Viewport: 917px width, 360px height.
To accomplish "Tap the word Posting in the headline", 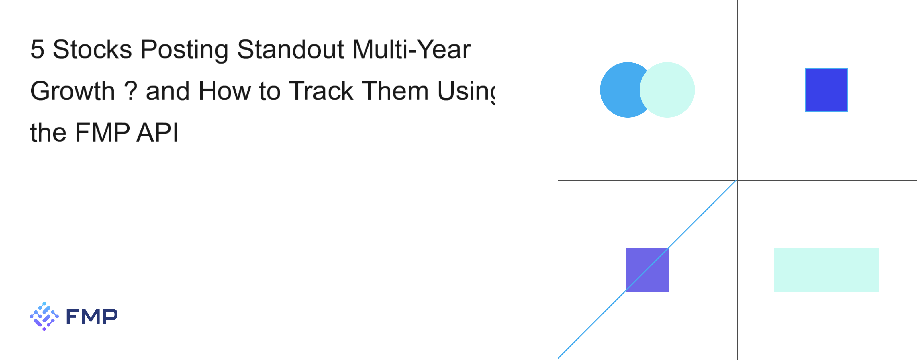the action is pos(184,50).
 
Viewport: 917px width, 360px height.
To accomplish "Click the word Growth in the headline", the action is pos(73,91).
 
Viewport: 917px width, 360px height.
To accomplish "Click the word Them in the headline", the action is pos(395,91).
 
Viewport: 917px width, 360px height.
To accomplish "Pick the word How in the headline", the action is pos(225,91).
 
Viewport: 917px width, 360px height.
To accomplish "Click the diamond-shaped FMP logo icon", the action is pos(44,316).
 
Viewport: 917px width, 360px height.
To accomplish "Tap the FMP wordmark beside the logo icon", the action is pos(91,316).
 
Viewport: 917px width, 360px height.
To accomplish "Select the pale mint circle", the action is pos(667,90).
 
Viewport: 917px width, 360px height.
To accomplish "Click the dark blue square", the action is pos(826,90).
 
